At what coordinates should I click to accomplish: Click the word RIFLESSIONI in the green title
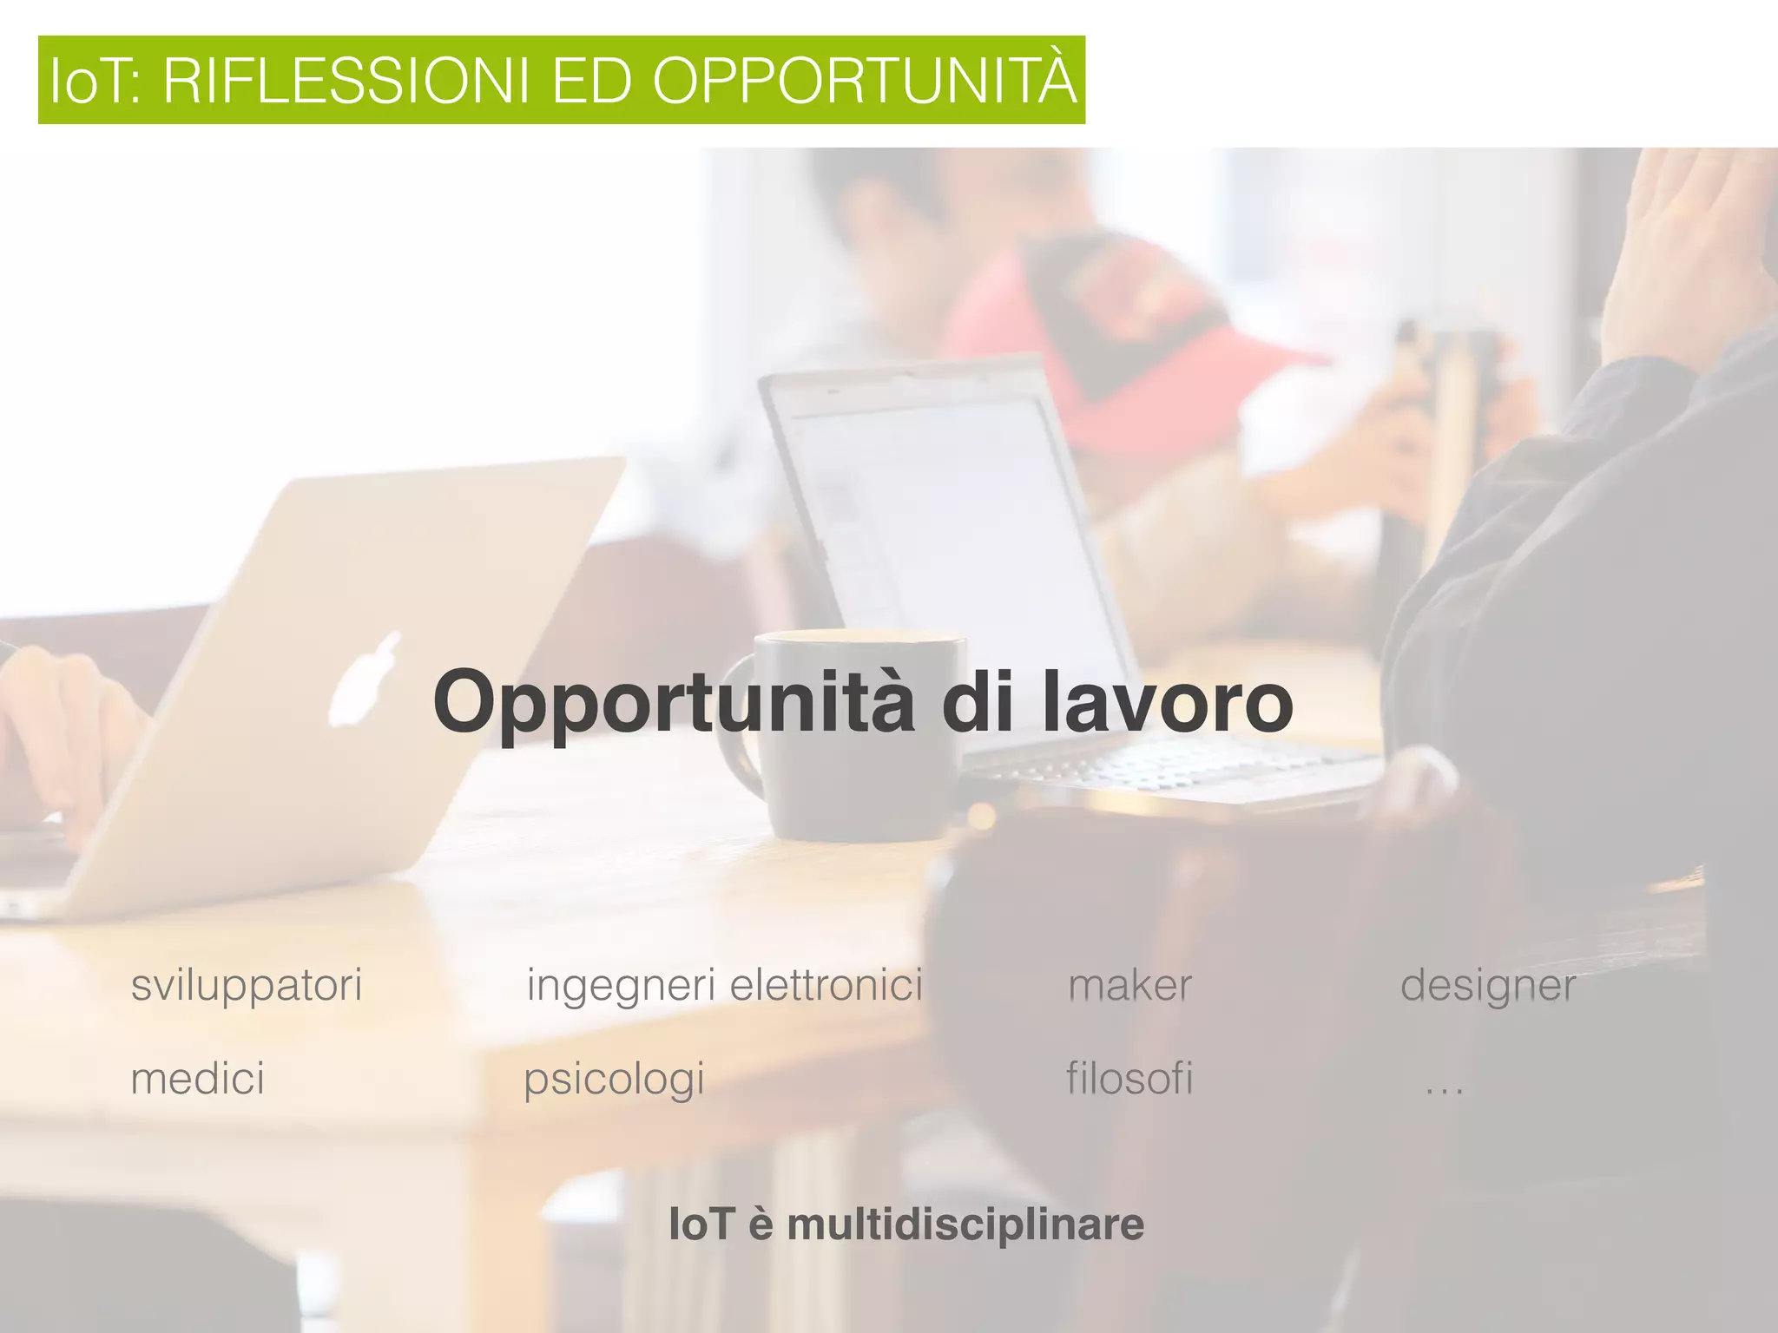346,81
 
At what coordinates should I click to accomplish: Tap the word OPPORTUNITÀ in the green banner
864,81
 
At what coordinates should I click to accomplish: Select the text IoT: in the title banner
96,81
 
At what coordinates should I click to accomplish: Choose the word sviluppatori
246,986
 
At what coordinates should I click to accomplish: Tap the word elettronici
826,986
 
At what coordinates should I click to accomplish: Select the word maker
1129,986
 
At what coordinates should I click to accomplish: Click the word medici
197,1079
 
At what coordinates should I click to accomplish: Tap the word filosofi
1129,1079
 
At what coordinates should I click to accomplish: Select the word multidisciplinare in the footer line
965,1224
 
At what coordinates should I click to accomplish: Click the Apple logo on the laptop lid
365,679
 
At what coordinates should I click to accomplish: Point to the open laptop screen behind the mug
938,521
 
